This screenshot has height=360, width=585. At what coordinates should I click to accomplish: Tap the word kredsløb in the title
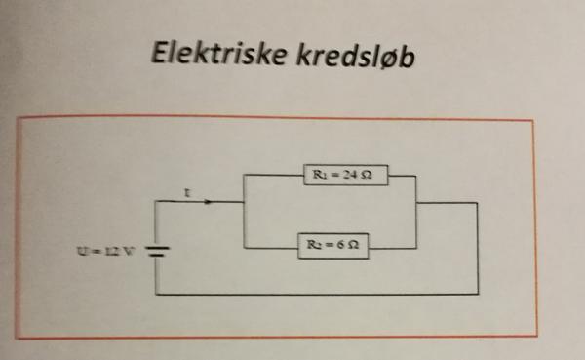point(356,56)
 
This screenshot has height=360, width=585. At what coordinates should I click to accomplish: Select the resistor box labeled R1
point(337,177)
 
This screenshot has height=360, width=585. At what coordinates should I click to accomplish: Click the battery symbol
point(158,254)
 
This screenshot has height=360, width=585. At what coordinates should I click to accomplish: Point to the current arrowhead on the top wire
point(212,203)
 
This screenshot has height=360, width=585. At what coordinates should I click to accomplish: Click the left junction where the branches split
point(243,203)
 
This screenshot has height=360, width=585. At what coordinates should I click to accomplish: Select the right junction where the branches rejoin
point(416,203)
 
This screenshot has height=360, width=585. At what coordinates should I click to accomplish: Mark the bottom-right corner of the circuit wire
point(477,293)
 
